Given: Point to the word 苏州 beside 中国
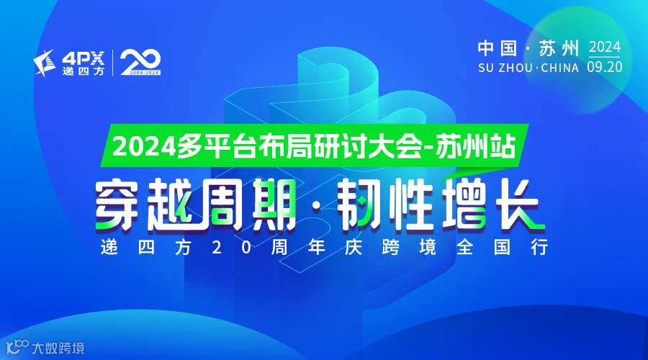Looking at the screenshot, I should coord(559,49).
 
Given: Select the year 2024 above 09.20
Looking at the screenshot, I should coord(605,48).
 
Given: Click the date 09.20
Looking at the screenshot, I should coord(605,67).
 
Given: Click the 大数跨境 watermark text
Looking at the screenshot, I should coord(58,348).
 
